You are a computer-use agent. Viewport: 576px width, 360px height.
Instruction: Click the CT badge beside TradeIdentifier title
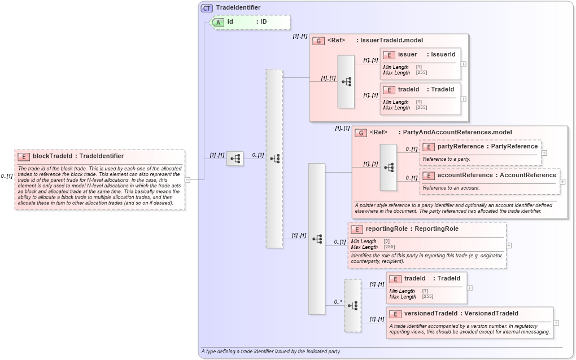pos(207,8)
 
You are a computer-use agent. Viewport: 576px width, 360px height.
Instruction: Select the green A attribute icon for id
pos(218,22)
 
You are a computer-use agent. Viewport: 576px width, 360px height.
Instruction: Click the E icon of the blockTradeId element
pos(24,156)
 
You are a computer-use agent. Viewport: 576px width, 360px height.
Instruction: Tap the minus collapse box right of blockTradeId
pos(187,180)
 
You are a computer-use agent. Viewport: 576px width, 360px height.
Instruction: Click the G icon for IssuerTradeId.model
pos(318,41)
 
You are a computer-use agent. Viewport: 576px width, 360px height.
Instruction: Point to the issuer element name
pos(407,55)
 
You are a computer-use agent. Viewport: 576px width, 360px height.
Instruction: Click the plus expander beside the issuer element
pos(464,64)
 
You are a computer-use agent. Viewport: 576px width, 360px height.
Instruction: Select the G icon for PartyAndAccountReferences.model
pos(361,133)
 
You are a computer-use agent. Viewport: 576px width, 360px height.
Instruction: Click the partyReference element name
pos(460,147)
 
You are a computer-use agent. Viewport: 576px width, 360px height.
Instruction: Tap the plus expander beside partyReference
pos(544,152)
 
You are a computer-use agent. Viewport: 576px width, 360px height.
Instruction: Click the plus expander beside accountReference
pos(562,182)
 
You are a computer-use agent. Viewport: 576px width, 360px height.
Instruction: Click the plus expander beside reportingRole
pos(509,245)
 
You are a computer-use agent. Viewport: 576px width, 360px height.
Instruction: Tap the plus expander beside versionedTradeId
pos(556,323)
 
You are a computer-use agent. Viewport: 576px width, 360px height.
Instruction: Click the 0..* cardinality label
pos(338,302)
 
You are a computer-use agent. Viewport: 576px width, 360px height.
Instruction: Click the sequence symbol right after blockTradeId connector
pos(235,159)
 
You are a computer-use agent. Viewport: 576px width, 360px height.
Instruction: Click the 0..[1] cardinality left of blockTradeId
pos(7,176)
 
